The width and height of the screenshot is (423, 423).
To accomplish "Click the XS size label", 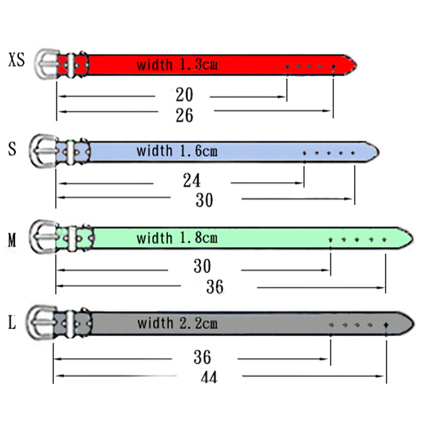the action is pos(16,60).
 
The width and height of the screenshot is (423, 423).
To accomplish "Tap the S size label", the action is pos(12,149).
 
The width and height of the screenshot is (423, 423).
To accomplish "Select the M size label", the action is pos(12,240).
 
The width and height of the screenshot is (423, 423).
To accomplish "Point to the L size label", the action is pos(12,322).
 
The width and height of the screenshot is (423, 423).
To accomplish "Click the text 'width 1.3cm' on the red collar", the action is pos(177,65).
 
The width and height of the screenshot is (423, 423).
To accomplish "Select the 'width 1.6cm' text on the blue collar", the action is pos(177,151).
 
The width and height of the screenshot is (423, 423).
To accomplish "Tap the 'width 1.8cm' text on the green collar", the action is pos(177,238).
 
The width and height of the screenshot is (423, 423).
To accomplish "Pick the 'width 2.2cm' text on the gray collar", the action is pos(177,323).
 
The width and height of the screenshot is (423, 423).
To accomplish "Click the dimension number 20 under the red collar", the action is pos(185,95).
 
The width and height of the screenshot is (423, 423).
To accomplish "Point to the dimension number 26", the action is pos(185,115).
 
